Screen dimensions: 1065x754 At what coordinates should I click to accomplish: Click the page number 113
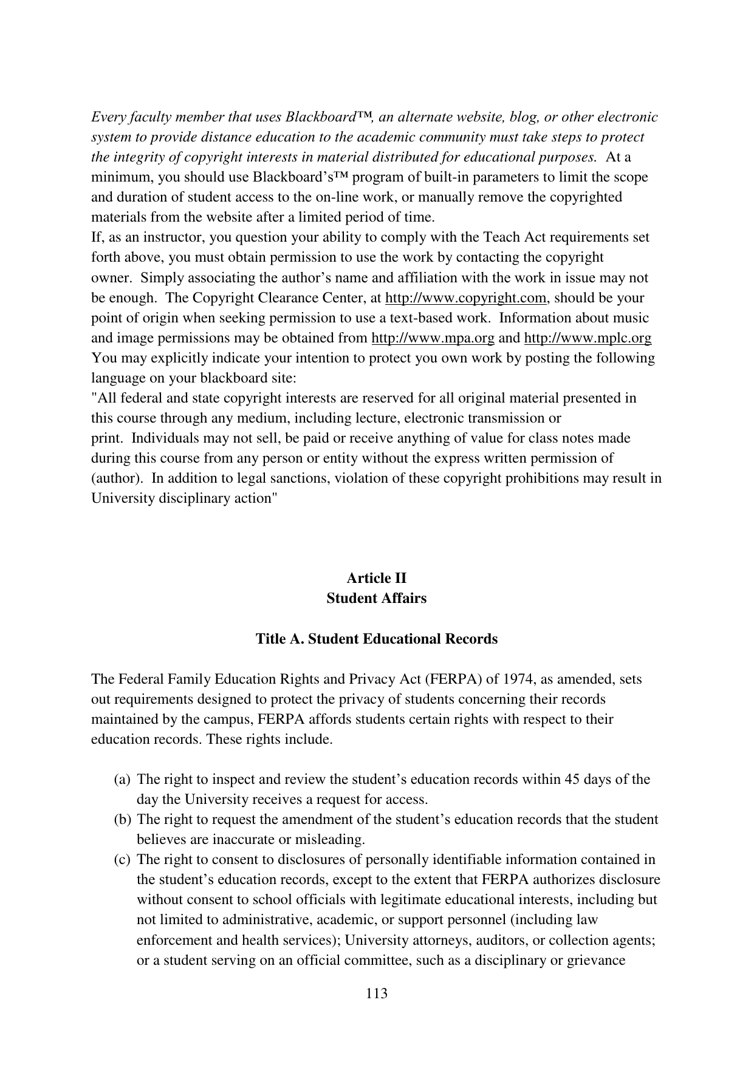[377, 994]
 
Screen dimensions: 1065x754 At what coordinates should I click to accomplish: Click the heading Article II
[377, 578]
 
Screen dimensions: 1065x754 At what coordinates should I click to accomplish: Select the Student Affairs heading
[377, 598]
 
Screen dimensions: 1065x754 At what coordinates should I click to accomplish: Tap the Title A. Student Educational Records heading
[377, 639]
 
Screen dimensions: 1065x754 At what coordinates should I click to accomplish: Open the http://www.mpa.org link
[433, 338]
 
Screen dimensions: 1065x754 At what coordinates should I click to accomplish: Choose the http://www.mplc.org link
[588, 338]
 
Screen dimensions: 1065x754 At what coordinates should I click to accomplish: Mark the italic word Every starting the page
[106, 117]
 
